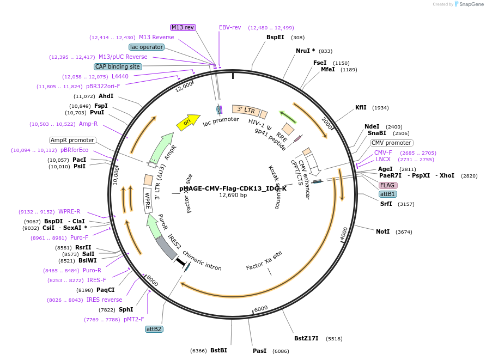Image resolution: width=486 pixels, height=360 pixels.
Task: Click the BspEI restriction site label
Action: click(275, 38)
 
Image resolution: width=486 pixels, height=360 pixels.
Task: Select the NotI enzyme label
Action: click(383, 231)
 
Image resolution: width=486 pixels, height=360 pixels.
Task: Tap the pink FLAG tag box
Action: click(388, 185)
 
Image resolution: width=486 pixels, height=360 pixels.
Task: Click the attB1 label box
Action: click(388, 194)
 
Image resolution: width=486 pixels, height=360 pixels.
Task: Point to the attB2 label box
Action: click(154, 329)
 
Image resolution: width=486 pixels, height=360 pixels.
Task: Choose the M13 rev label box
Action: click(183, 27)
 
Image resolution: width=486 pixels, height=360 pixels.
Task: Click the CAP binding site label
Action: click(118, 66)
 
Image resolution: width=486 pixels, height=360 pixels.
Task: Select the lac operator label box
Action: click(147, 47)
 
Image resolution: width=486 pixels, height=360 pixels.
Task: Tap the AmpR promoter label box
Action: click(72, 141)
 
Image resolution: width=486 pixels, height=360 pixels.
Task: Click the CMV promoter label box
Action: click(391, 143)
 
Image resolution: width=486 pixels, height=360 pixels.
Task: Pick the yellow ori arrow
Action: click(187, 123)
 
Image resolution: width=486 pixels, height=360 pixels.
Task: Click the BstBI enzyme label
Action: click(218, 350)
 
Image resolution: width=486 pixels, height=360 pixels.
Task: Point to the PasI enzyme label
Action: click(260, 351)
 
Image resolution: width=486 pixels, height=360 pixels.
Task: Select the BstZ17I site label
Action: click(306, 338)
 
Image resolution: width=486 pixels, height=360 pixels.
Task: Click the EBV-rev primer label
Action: click(230, 27)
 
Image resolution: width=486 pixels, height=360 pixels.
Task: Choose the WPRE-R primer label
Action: click(69, 211)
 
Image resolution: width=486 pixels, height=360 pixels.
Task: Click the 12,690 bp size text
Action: click(233, 195)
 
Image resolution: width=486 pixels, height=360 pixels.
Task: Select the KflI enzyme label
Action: click(361, 107)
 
